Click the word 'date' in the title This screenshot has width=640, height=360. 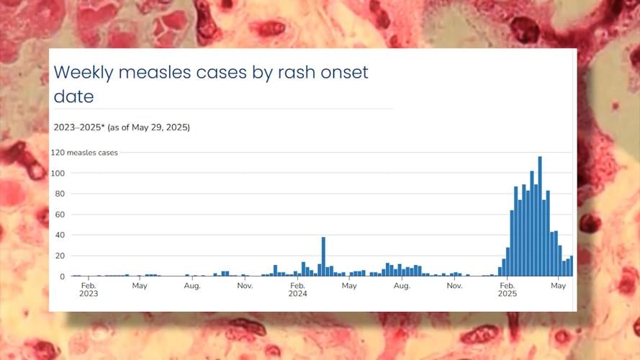[x=73, y=96]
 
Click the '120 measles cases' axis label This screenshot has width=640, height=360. [x=84, y=153]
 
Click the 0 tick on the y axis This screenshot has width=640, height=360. [x=62, y=276]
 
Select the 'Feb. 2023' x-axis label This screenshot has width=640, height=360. [x=89, y=289]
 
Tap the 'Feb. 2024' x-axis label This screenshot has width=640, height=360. [x=297, y=289]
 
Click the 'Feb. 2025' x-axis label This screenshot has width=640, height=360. [x=507, y=289]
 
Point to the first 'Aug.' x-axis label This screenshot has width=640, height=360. [x=192, y=286]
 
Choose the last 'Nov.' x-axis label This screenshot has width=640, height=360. [x=454, y=286]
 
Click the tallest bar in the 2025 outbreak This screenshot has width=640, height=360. [x=540, y=216]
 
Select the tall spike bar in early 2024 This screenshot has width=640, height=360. [x=323, y=257]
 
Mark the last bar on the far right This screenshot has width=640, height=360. [x=572, y=266]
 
